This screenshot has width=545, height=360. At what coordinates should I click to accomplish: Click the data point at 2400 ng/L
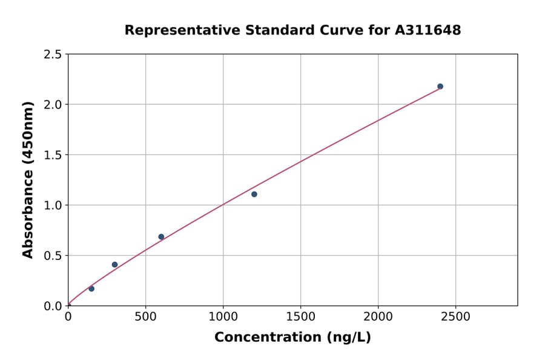coord(440,86)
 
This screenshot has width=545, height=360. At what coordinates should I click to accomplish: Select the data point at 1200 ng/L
coord(254,194)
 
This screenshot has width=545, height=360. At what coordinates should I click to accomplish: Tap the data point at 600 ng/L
coord(161,236)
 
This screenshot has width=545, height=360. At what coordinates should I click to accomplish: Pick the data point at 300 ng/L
coord(114,264)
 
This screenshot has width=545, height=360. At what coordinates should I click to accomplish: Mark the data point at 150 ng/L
coord(91,288)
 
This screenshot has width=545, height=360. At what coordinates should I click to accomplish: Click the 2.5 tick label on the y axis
coord(53,55)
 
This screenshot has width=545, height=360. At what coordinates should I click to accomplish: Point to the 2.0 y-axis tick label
coord(53,105)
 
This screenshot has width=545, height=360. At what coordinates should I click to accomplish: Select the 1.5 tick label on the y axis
coord(53,155)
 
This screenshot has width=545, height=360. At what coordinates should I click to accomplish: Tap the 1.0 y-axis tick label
coord(53,205)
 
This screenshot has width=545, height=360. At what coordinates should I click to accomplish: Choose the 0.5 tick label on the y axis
coord(53,256)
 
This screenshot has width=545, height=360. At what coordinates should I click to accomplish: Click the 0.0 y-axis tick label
coord(53,306)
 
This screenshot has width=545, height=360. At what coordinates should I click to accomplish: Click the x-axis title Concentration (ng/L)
coord(292,337)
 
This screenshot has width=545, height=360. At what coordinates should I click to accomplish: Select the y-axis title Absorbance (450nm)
coord(28,179)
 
